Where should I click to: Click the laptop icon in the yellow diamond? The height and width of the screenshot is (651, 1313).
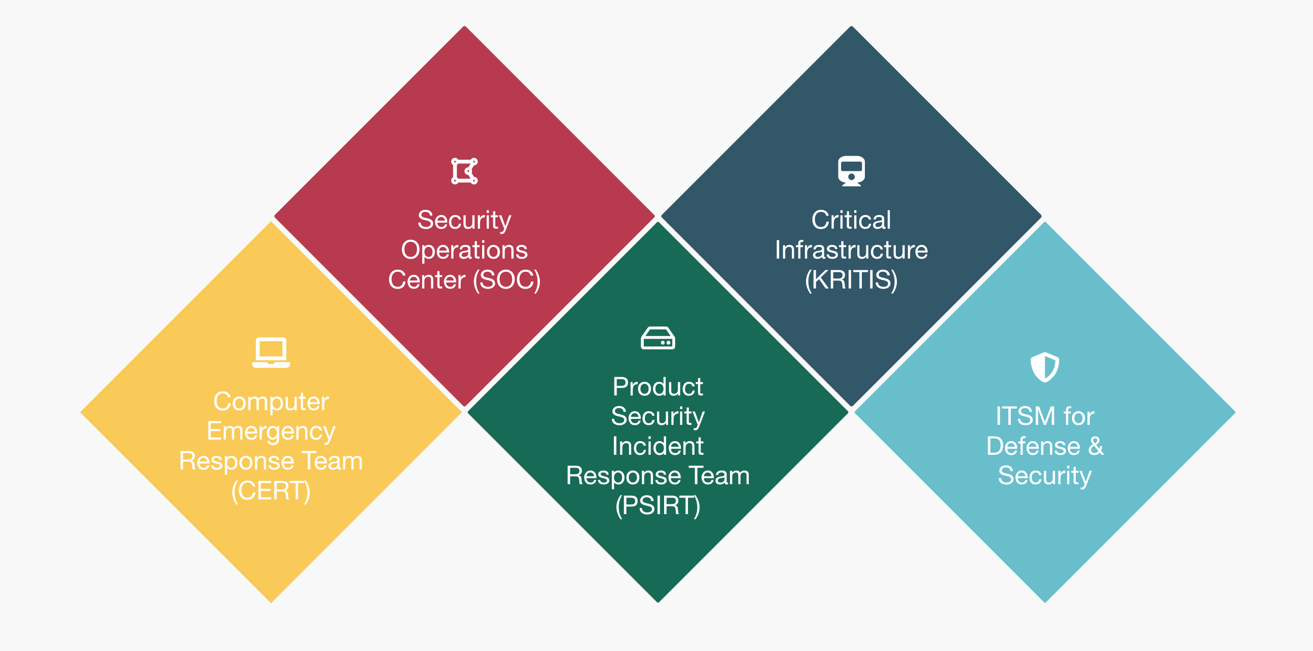tap(271, 352)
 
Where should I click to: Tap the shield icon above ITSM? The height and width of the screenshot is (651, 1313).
tap(1044, 367)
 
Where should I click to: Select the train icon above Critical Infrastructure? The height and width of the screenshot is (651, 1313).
tap(851, 171)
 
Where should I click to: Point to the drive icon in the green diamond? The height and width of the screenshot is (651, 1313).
tap(658, 338)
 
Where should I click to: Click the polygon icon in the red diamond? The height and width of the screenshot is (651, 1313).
tap(464, 171)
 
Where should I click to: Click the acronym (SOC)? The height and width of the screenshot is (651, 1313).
tap(506, 280)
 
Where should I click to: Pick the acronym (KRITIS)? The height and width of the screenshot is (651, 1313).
tap(851, 280)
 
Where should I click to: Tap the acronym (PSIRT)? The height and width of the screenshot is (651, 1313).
tap(658, 505)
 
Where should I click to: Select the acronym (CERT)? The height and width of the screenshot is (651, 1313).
tap(271, 491)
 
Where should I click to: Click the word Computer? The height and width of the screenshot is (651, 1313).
tap(271, 402)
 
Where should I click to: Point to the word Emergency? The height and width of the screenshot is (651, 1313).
tap(271, 431)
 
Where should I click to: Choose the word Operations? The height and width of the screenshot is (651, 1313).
tap(464, 250)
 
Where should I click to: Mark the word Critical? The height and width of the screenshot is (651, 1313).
tap(851, 220)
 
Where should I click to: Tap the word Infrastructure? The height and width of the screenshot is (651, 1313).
tap(851, 250)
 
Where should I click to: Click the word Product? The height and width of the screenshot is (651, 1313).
tap(658, 386)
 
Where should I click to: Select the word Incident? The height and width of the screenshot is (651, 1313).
tap(658, 446)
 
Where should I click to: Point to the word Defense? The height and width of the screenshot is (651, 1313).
tap(1033, 446)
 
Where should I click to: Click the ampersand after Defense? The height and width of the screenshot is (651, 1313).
tap(1096, 446)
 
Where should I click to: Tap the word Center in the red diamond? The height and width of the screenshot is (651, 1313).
tap(427, 280)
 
